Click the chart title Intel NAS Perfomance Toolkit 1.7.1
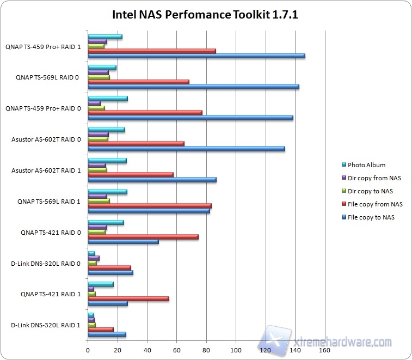tap(205, 15)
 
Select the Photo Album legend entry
tap(366, 165)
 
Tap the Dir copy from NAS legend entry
tap(374, 178)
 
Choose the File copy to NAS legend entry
tap(371, 217)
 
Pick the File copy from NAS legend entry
tap(375, 204)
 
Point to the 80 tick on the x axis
tap(206, 350)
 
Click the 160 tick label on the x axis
tap(324, 350)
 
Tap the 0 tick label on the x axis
tap(88, 350)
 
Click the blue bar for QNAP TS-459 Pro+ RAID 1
tap(196, 56)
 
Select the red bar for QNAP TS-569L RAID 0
tap(138, 82)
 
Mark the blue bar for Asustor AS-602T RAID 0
tap(186, 148)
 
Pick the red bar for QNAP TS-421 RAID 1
tap(128, 298)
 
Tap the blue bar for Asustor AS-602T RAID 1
tap(152, 179)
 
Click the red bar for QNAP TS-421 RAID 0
tap(143, 237)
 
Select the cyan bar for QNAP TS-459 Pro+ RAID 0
tap(107, 99)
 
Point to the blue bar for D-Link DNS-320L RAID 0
tap(110, 272)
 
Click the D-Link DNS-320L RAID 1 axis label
tap(46, 326)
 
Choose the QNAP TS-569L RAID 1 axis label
tap(49, 202)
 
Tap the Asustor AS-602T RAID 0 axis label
tap(46, 139)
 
